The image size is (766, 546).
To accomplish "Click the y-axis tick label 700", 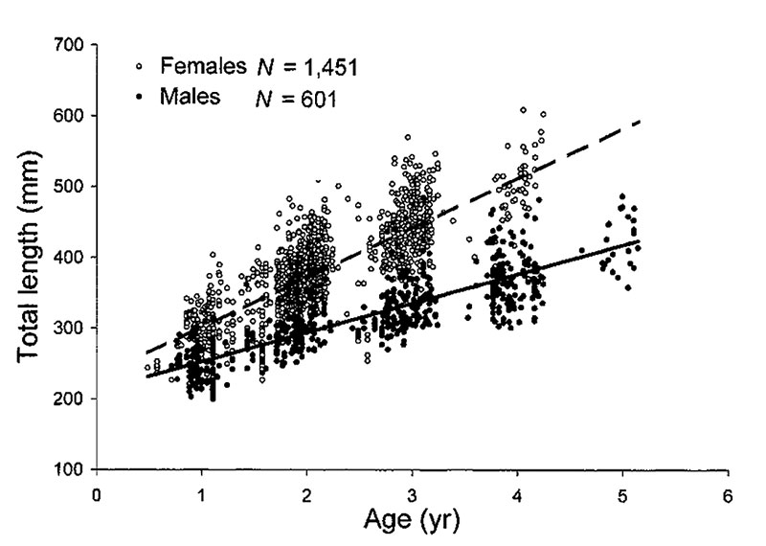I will coord(70,45).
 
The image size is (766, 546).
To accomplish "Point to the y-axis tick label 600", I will coord(70,116).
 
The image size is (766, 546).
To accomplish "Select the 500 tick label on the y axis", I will coord(70,187).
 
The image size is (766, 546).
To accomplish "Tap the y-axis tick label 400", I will coord(70,258).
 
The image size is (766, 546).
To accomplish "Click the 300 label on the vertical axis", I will coord(70,329).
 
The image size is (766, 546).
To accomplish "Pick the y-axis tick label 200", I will coord(70,399).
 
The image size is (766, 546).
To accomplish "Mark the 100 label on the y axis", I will coord(70,470).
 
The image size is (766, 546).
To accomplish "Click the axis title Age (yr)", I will coord(412,521).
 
